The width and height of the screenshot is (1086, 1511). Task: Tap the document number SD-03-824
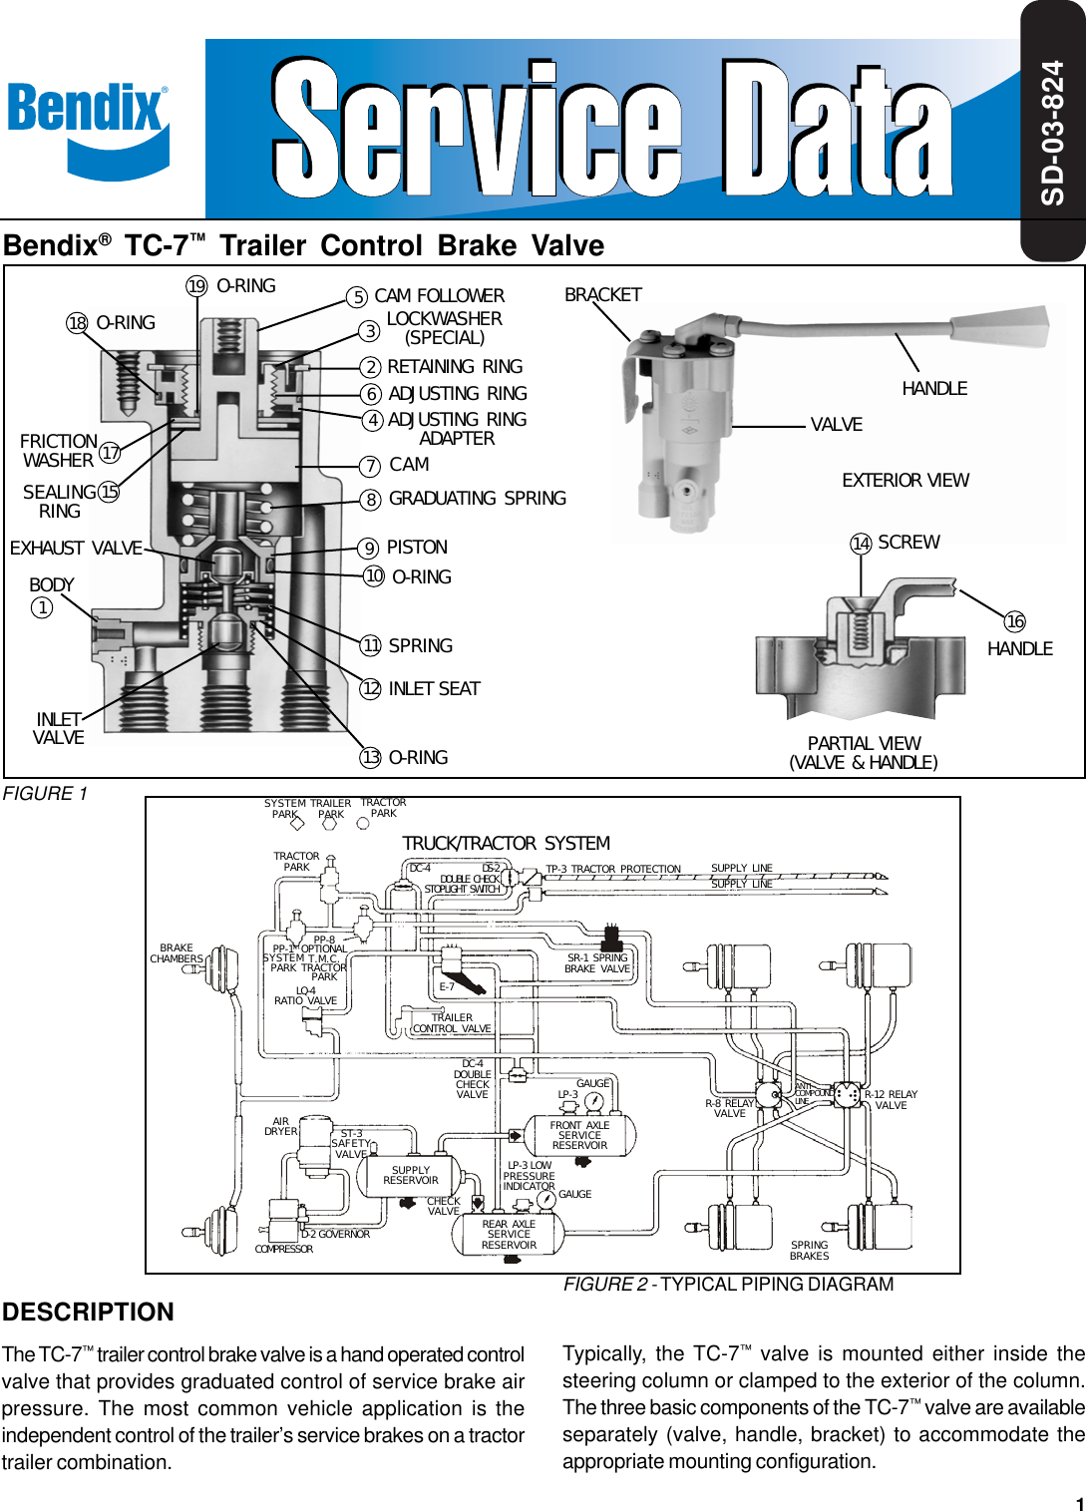coord(1053,133)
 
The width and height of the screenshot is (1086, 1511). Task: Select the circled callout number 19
coord(197,287)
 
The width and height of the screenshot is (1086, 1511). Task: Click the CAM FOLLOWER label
coord(439,296)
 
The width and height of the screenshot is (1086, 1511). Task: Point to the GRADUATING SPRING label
coord(477,499)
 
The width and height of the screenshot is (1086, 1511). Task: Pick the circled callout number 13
coord(371,758)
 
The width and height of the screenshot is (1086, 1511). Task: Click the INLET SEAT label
coord(434,689)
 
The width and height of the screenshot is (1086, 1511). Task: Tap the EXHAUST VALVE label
coord(76,549)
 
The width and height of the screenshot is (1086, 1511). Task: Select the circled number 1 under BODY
coord(42,607)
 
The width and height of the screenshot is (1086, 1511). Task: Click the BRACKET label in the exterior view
coord(602,295)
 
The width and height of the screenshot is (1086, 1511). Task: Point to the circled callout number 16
coord(1014,622)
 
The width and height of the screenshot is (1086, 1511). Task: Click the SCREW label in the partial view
coord(907,543)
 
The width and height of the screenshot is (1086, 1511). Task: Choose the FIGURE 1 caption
coord(45,794)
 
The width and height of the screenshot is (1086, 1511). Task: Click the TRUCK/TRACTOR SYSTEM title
coord(506,844)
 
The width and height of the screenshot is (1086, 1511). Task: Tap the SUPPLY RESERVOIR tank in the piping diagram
coord(410,1176)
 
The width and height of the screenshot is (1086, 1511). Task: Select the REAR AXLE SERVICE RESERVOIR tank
coord(509,1235)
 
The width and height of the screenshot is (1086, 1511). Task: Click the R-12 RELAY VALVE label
coord(891,1100)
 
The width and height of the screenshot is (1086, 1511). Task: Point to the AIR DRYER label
coord(280,1127)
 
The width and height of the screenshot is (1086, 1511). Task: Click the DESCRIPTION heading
coord(88,1313)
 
